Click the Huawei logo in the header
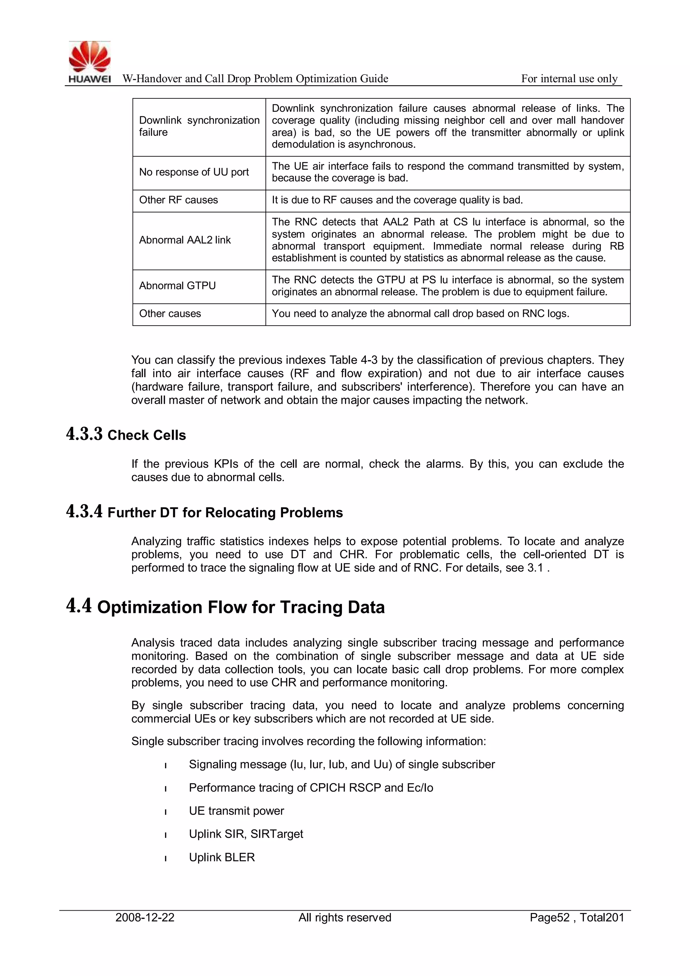[x=90, y=62]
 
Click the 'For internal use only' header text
[x=569, y=79]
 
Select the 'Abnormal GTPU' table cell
[x=177, y=286]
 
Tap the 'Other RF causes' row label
[x=179, y=200]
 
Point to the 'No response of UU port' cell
[x=194, y=172]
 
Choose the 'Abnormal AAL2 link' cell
[x=185, y=240]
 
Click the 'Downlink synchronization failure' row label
[x=199, y=126]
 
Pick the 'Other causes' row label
[x=170, y=314]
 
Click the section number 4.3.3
[x=84, y=434]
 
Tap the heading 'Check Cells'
[x=147, y=435]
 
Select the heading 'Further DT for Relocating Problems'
[x=225, y=513]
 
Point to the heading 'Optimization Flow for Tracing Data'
[x=241, y=608]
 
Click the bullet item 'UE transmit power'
[x=236, y=811]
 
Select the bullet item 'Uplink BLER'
[x=222, y=857]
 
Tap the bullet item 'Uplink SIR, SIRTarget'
[x=246, y=834]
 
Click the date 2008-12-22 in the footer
[x=145, y=918]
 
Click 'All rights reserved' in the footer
[x=345, y=918]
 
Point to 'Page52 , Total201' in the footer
[x=576, y=918]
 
